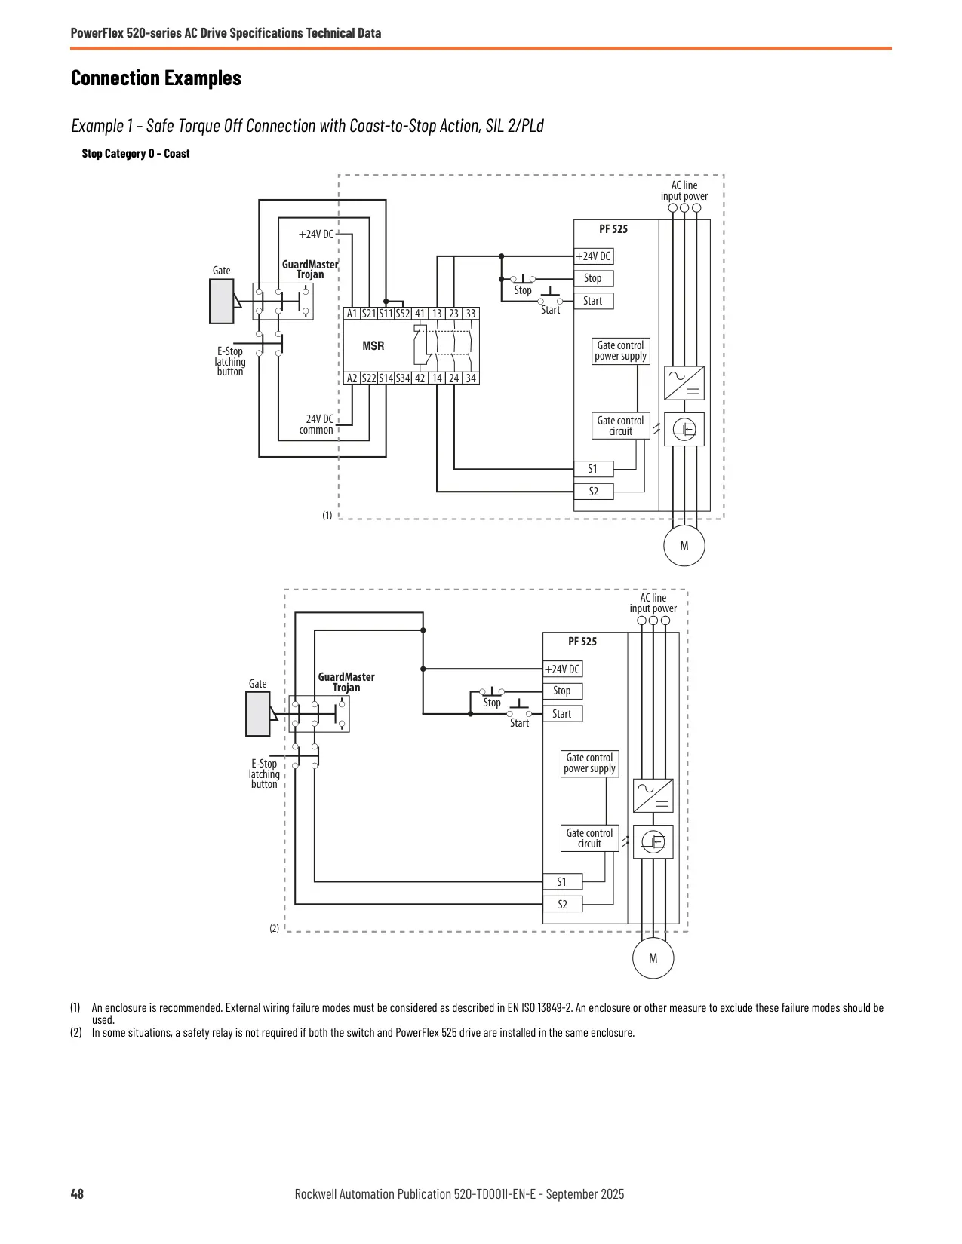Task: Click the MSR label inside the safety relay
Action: pyautogui.click(x=373, y=346)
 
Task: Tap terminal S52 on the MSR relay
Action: pyautogui.click(x=403, y=314)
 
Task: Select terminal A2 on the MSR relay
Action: pyautogui.click(x=352, y=378)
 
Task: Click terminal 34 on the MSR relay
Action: pyautogui.click(x=470, y=378)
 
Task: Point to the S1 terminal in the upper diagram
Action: pyautogui.click(x=594, y=469)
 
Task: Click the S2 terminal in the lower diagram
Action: pyautogui.click(x=563, y=904)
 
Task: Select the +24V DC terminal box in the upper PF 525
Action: pyautogui.click(x=594, y=256)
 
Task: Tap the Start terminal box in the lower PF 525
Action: pyautogui.click(x=563, y=714)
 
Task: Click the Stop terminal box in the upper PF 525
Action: pyautogui.click(x=594, y=278)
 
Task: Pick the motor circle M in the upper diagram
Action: pyautogui.click(x=684, y=546)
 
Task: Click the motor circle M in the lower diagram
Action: pyautogui.click(x=653, y=958)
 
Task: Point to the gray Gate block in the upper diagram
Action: pyautogui.click(x=221, y=302)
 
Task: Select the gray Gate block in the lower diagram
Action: pyautogui.click(x=258, y=714)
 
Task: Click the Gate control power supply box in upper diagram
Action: pyautogui.click(x=620, y=351)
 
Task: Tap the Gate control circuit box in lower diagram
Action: pyautogui.click(x=589, y=838)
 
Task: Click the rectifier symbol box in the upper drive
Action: pyautogui.click(x=684, y=383)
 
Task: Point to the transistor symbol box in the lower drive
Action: pyautogui.click(x=653, y=841)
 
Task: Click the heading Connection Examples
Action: pyautogui.click(x=156, y=78)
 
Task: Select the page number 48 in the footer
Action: pyautogui.click(x=77, y=1193)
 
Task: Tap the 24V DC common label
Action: pyautogui.click(x=316, y=424)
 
